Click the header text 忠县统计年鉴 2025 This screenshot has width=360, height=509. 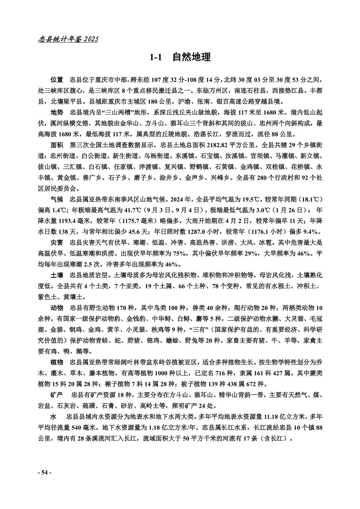[x=68, y=39]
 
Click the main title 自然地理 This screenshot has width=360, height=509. [x=191, y=57]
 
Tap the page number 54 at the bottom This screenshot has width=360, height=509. [x=44, y=472]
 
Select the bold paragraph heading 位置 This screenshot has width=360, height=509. [x=57, y=80]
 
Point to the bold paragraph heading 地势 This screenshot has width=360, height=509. [x=57, y=112]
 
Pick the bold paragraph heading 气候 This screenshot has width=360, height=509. [x=57, y=200]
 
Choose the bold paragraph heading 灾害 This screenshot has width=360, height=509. [x=57, y=242]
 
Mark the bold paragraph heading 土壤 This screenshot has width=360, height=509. [x=57, y=275]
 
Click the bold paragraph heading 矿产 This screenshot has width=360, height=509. [x=57, y=395]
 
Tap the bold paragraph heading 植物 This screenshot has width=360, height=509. [x=57, y=363]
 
